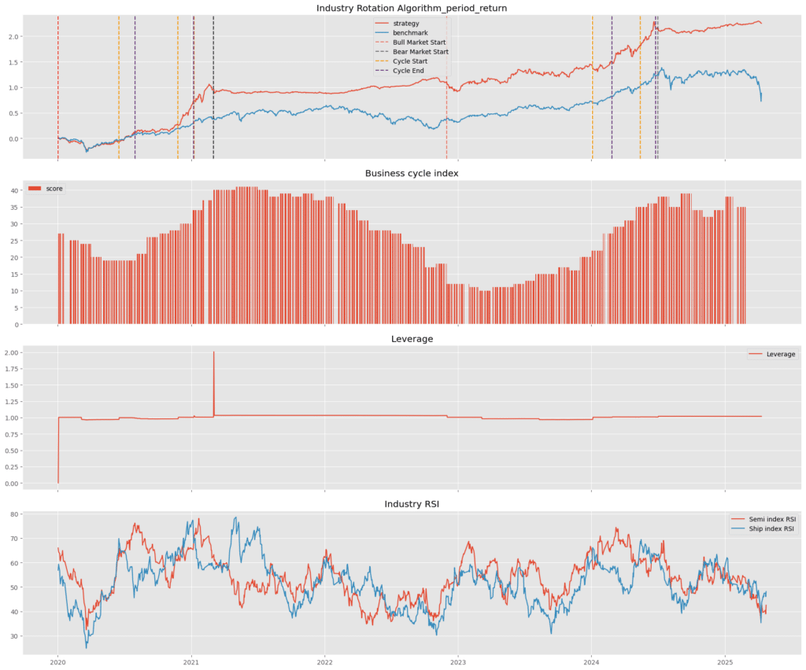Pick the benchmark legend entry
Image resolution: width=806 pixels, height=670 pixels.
[x=409, y=32]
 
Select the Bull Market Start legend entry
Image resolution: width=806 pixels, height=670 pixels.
[x=420, y=42]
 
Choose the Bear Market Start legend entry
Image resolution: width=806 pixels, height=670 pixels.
[x=420, y=52]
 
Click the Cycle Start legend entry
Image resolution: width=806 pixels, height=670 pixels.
[x=410, y=61]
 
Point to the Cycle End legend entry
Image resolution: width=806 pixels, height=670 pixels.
[x=409, y=71]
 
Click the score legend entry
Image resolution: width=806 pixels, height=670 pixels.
[x=54, y=189]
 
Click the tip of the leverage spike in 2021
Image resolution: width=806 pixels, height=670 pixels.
[x=213, y=352]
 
